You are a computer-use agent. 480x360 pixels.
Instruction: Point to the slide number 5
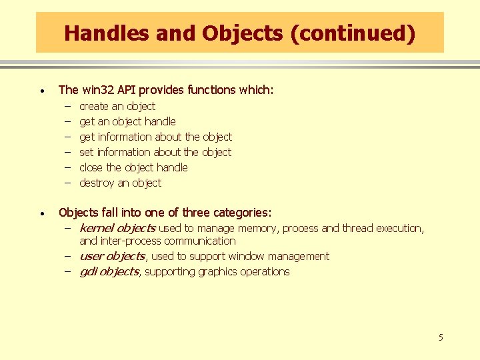point(440,337)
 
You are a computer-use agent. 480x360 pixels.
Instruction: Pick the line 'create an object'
point(117,106)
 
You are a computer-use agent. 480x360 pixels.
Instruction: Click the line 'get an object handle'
point(127,121)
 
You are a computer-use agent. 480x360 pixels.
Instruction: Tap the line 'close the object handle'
point(133,167)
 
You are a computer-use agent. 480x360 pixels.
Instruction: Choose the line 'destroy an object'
point(120,183)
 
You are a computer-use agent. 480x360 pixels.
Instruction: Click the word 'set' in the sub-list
point(87,152)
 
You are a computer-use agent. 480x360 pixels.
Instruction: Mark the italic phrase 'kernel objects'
point(117,228)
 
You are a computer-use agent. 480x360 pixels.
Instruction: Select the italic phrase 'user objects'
point(111,256)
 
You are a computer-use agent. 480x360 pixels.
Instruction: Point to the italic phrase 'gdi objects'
point(109,271)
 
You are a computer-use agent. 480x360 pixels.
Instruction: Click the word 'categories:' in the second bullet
point(242,213)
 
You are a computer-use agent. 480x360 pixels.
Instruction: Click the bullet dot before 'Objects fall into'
point(42,214)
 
